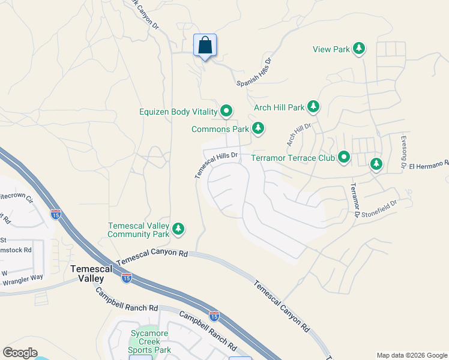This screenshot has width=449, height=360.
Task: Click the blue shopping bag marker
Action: click(205, 45)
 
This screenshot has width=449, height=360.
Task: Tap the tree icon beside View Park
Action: click(359, 49)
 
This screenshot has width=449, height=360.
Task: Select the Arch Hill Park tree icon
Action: click(313, 107)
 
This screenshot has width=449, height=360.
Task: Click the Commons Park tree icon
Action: click(258, 128)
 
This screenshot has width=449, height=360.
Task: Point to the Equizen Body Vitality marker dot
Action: click(226, 111)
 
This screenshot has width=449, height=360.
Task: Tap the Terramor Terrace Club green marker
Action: click(343, 157)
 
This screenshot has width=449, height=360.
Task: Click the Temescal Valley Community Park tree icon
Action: click(178, 229)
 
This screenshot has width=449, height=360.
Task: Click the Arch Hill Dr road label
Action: click(298, 136)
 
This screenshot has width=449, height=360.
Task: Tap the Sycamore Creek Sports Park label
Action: click(150, 341)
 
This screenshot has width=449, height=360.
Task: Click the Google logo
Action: click(20, 353)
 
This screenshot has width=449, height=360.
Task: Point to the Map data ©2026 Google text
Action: click(411, 355)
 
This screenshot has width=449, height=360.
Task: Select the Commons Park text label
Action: click(220, 129)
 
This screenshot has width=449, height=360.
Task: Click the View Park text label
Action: click(331, 49)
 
